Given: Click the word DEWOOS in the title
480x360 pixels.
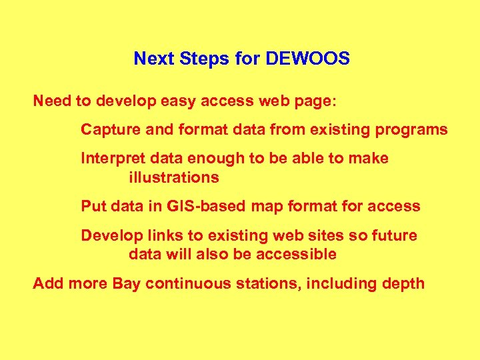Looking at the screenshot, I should coord(307,59).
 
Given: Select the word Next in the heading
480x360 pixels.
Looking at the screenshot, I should coord(152,59).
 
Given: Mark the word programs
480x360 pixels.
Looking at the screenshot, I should coord(414,130).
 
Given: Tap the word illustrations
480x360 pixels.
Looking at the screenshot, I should coord(173,177).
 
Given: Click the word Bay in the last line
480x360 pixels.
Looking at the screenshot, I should coord(127,283).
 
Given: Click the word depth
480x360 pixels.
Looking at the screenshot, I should coord(403,283).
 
